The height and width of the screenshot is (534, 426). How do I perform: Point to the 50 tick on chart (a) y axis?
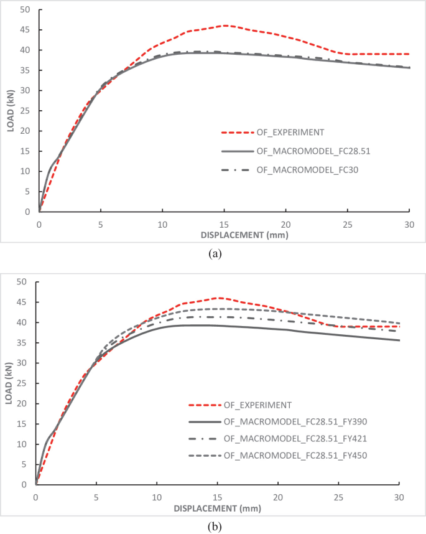tap(24, 9)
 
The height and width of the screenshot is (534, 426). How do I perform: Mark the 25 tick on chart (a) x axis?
tap(347, 223)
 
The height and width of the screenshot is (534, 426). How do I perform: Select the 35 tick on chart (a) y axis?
tap(24, 70)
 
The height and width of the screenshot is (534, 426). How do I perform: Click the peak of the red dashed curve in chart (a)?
tap(224, 26)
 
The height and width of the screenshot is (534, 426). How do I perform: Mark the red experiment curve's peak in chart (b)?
tap(220, 297)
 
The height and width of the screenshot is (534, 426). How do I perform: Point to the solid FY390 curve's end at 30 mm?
tap(399, 340)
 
